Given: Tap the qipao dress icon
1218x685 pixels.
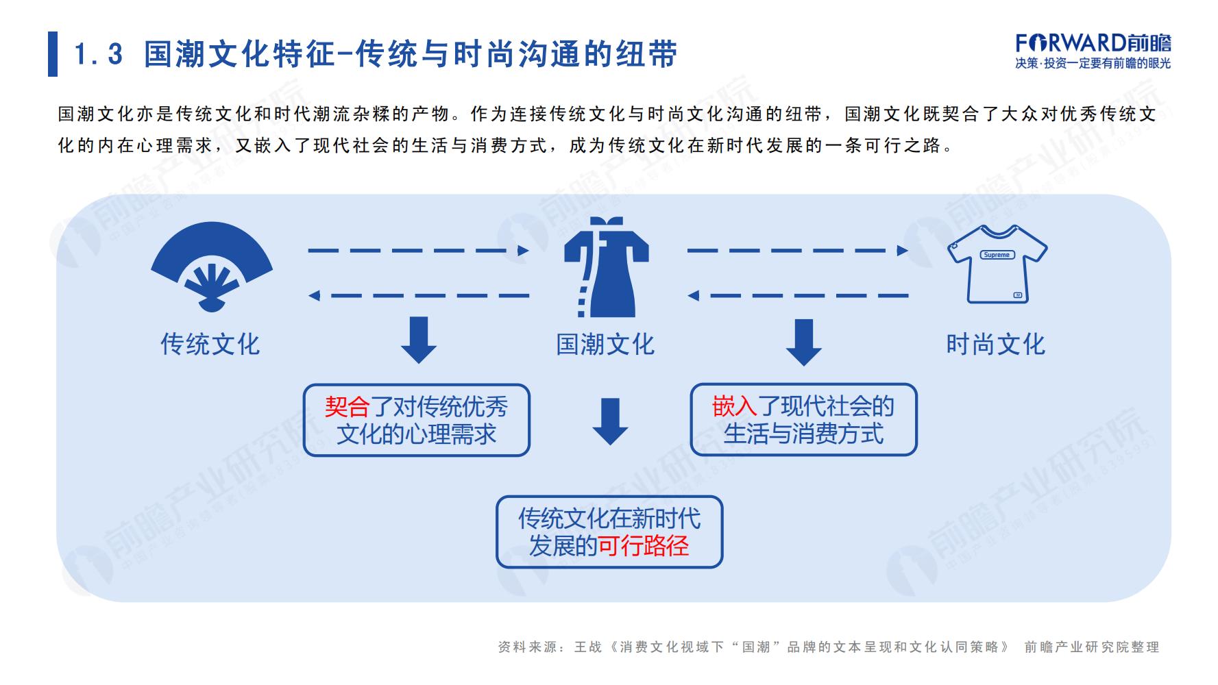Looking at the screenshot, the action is click(x=606, y=266).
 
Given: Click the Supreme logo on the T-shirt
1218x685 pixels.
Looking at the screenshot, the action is click(x=996, y=255).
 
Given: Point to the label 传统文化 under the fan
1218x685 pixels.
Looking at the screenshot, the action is click(x=210, y=344).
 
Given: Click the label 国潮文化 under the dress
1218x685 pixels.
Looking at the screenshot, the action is click(x=605, y=344).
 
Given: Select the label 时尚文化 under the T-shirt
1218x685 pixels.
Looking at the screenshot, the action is click(x=995, y=344).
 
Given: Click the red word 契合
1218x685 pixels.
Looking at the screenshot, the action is click(x=348, y=407).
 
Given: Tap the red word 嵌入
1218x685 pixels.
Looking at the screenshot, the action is click(x=735, y=406).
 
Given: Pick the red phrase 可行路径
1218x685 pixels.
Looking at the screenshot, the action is click(x=644, y=546).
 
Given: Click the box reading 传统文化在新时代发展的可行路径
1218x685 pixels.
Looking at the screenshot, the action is click(x=609, y=532).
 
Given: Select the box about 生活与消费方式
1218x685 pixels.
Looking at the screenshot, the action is click(x=803, y=420).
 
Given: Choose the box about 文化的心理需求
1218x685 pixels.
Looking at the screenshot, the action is click(x=417, y=421).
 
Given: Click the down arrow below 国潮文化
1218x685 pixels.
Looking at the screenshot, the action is click(x=610, y=421).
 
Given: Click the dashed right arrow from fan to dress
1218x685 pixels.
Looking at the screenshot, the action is click(x=419, y=251).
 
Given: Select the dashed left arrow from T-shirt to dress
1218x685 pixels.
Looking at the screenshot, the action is click(x=799, y=296).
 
